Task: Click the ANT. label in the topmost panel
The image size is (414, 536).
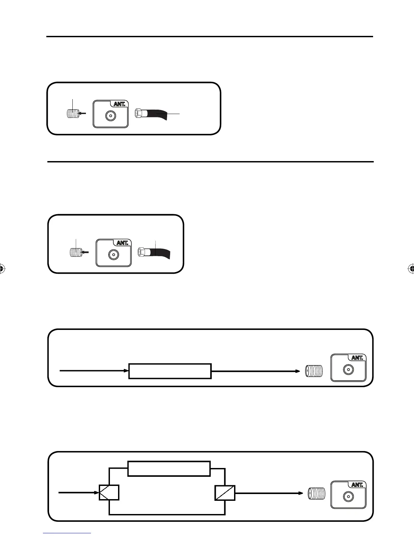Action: tap(119, 104)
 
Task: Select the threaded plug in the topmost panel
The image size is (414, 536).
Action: tap(72, 113)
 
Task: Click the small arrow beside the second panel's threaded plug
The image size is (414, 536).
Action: tap(86, 252)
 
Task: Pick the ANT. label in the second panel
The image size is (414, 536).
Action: tap(122, 243)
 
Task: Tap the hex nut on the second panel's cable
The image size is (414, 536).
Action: tap(142, 252)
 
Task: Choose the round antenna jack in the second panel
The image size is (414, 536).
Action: tap(113, 254)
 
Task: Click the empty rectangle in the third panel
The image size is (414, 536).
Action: tap(170, 371)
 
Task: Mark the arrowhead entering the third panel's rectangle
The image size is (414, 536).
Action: tap(127, 371)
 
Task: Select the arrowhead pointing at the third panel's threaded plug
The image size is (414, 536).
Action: tap(298, 371)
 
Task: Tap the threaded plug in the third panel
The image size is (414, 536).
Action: tap(314, 371)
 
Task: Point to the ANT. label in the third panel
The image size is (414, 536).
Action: tap(357, 358)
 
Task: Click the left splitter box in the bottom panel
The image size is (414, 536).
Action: tap(109, 492)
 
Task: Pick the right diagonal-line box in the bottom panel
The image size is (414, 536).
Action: tap(225, 492)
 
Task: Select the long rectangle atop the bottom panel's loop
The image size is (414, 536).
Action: tap(169, 468)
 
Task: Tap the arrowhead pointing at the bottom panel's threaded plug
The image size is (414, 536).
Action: tap(300, 493)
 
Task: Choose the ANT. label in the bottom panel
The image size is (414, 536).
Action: tap(357, 485)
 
